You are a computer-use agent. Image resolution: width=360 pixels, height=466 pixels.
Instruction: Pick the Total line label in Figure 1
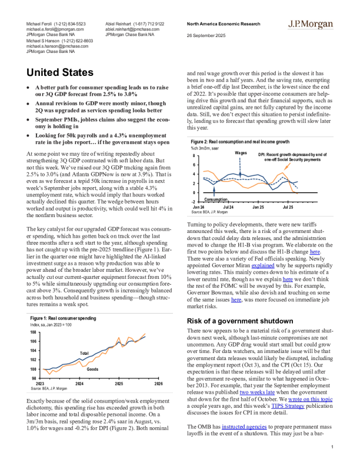point(84,353)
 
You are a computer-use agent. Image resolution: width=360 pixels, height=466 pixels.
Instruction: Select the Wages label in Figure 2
point(240,152)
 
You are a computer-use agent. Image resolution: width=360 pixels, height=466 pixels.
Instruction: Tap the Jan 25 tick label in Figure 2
point(258,207)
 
